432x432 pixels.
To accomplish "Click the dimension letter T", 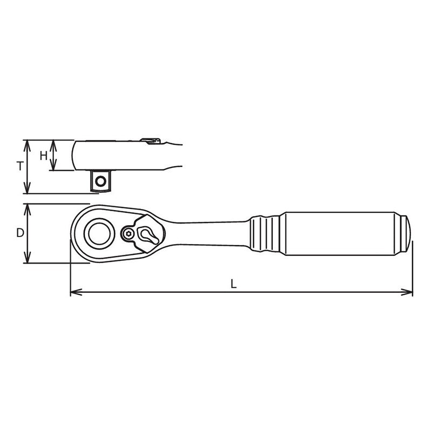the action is pyautogui.click(x=20, y=166).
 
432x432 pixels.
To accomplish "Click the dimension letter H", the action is pyautogui.click(x=44, y=156).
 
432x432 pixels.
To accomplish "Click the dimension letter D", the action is pyautogui.click(x=20, y=233).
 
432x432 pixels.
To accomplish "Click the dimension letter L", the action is pyautogui.click(x=234, y=284).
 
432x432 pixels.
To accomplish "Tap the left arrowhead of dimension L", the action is pyautogui.click(x=76, y=292).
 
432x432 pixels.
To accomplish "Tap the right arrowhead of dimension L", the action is pyautogui.click(x=407, y=292).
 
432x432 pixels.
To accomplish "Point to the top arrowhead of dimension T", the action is pyautogui.click(x=26, y=146).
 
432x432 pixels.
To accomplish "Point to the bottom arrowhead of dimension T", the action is pyautogui.click(x=26, y=187).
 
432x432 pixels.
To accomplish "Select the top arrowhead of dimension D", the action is pyautogui.click(x=27, y=210).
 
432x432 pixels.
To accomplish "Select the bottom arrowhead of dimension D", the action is pyautogui.click(x=27, y=257).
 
